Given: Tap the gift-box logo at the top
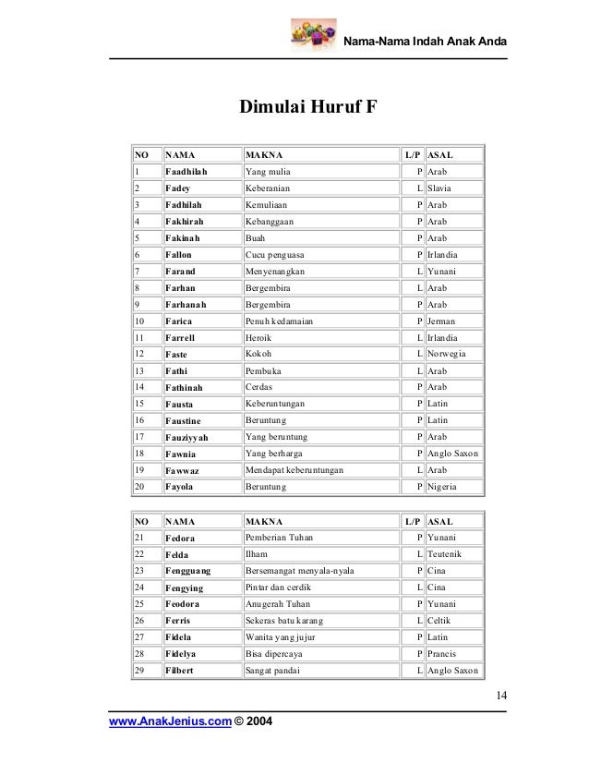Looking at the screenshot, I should [309, 36].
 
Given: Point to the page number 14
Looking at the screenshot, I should [498, 696].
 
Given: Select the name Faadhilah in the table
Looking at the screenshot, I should [186, 172].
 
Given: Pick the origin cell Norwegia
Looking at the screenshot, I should [448, 354].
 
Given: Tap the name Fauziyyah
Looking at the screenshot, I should [186, 436].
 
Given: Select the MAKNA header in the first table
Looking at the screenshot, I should [264, 154].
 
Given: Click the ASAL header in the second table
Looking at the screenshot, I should [440, 521].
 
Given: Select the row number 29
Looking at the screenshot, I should [139, 669].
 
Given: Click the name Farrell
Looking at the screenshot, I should [180, 337].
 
